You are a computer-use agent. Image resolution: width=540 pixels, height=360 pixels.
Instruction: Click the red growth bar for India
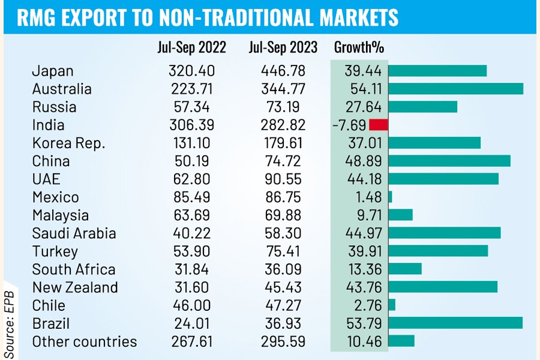pos(379,125)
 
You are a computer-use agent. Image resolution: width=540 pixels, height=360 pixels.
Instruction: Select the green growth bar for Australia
pos(456,89)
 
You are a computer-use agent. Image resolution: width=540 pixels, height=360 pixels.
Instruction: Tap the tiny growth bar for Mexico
pos(390,197)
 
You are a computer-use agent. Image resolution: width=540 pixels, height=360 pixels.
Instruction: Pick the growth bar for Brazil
pos(455,323)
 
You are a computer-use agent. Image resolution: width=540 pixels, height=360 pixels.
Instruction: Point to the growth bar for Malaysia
pos(401,215)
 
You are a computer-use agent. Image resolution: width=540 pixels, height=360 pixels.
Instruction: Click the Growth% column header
pos(359,47)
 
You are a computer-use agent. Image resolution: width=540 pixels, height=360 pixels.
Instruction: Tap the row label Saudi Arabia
pos(74,233)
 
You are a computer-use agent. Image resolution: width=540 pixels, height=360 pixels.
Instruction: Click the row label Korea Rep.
pos(68,143)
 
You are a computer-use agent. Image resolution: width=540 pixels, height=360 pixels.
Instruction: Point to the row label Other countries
pos(85,342)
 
